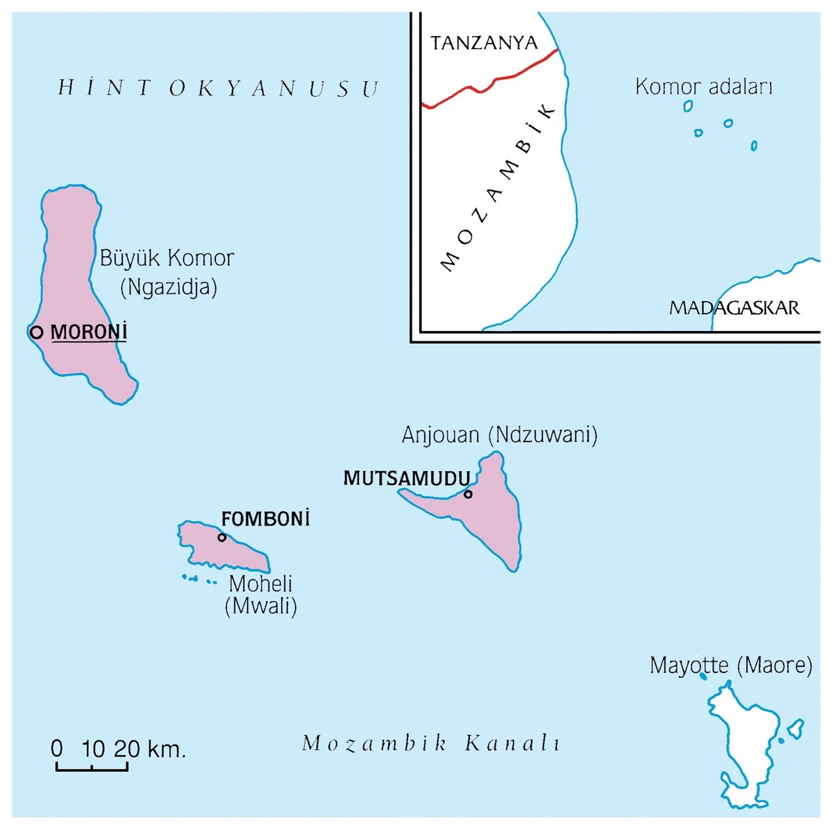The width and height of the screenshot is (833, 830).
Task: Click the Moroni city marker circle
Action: [x=36, y=332]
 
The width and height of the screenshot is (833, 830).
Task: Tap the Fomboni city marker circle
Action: [x=222, y=537]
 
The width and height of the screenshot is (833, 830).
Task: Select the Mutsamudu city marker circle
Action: [x=468, y=494]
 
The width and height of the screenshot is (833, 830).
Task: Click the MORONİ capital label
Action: [x=89, y=332]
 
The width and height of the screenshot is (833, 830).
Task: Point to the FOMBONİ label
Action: [x=265, y=519]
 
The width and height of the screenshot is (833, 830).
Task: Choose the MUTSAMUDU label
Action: [x=407, y=478]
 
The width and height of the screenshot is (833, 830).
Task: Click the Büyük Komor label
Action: [x=167, y=259]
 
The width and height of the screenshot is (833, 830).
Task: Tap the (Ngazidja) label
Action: [x=169, y=287]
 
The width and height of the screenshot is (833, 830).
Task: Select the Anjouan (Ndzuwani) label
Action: [x=500, y=435]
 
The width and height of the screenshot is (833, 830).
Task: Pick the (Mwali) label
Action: [x=261, y=607]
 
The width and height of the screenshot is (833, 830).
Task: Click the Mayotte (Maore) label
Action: [x=731, y=666]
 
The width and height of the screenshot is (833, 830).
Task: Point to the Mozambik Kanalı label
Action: [x=431, y=744]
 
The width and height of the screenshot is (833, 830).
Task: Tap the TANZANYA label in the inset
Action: [x=484, y=43]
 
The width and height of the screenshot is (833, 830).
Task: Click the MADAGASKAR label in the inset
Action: [x=734, y=307]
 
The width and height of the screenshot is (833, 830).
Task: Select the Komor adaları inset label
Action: [x=704, y=87]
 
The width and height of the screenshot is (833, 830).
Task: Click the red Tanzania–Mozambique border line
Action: [x=493, y=82]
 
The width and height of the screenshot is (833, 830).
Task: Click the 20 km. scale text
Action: [x=150, y=749]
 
